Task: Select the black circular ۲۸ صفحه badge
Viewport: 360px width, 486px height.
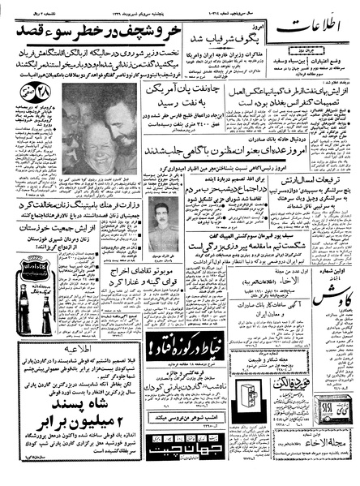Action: pos(23,110)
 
